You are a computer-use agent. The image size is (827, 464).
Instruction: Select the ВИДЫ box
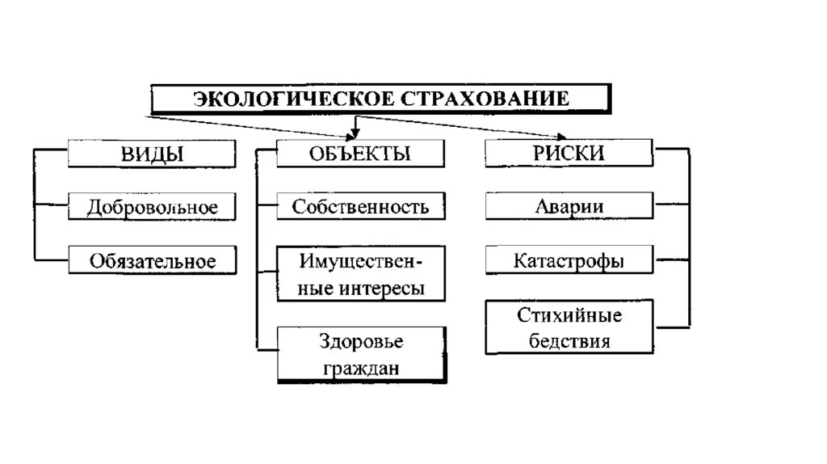point(152,154)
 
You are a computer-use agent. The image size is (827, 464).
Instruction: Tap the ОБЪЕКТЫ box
point(360,154)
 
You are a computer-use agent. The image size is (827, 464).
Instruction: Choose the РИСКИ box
point(569,154)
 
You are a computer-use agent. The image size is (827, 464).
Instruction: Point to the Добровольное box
point(152,207)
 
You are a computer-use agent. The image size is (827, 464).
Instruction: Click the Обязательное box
point(153,261)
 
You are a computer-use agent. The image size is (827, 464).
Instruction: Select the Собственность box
point(360,207)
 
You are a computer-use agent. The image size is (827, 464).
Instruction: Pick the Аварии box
point(569,207)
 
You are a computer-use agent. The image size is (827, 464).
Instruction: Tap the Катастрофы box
point(569,261)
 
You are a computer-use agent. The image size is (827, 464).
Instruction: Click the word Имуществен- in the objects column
point(360,262)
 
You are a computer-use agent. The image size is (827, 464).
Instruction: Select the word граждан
point(360,368)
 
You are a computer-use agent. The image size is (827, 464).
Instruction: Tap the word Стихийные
point(569,314)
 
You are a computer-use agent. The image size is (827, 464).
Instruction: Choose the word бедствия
point(569,340)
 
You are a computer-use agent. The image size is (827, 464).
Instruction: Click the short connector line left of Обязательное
point(51,260)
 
